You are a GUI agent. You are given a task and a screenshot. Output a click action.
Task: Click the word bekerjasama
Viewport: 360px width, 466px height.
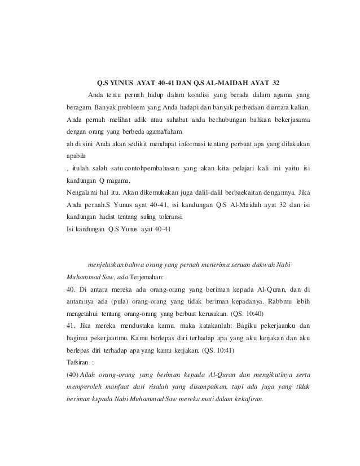pyautogui.click(x=286, y=121)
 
